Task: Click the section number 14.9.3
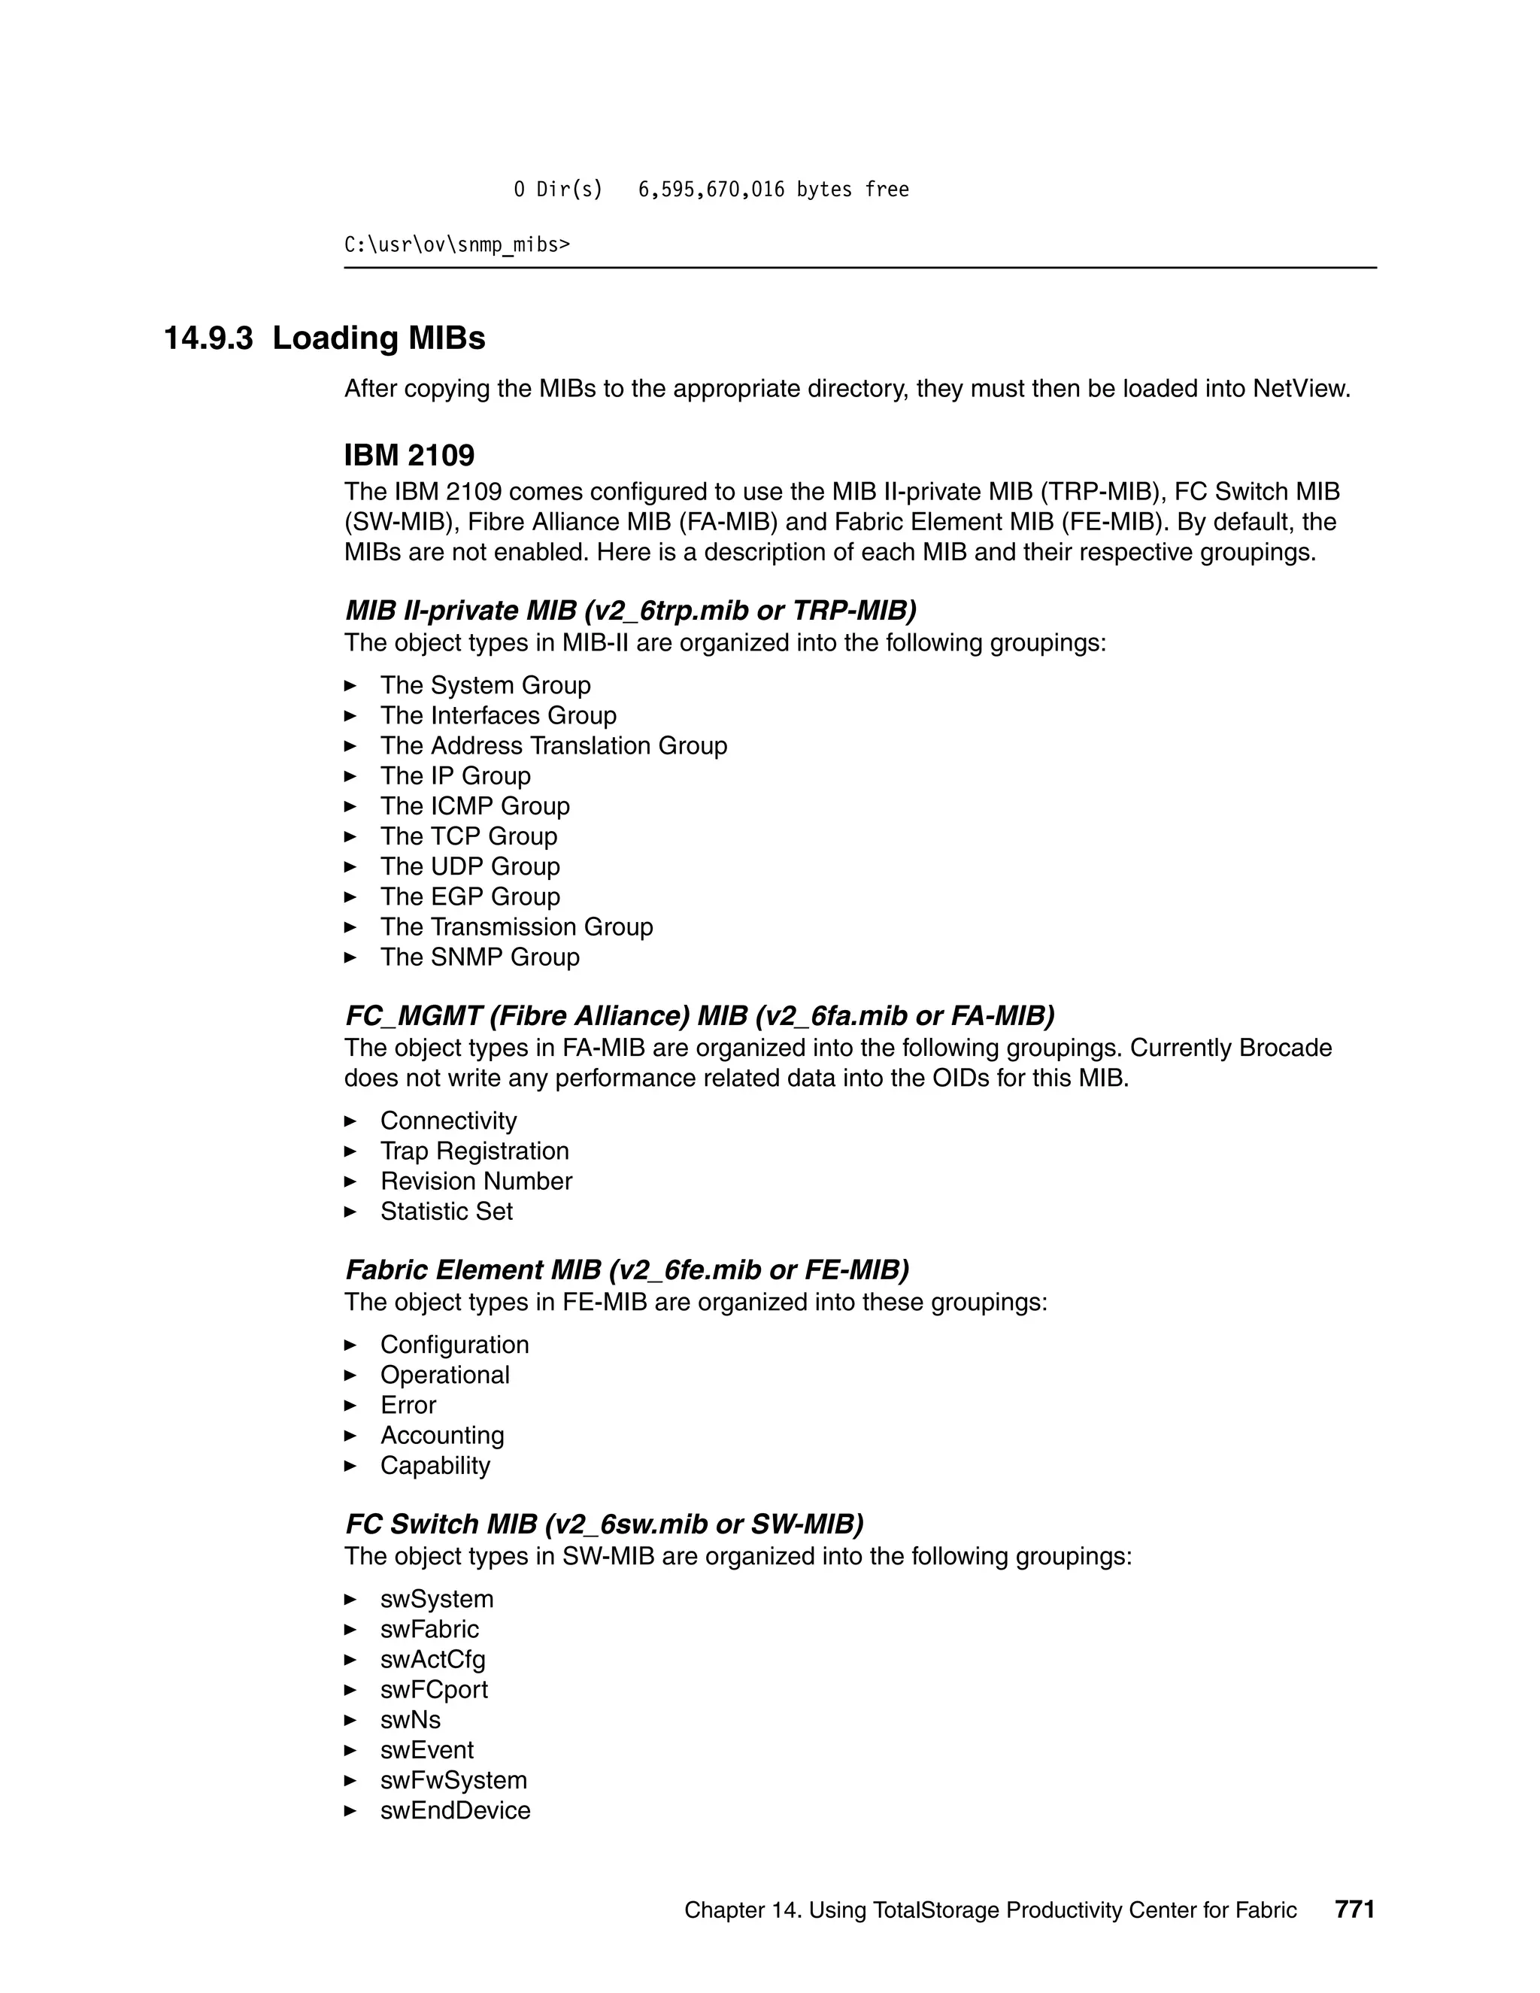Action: [x=208, y=338]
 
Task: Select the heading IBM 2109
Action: [x=409, y=455]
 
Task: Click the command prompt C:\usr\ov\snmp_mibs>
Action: [x=456, y=244]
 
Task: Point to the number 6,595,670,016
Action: [x=711, y=190]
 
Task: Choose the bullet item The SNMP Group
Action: [x=479, y=957]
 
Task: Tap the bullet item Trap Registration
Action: [x=474, y=1151]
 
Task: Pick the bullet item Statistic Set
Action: [x=446, y=1211]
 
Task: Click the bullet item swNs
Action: [x=410, y=1719]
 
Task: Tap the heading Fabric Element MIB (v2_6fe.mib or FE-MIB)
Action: [x=627, y=1270]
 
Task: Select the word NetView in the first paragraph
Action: [x=1299, y=389]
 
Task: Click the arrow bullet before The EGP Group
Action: [x=350, y=897]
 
